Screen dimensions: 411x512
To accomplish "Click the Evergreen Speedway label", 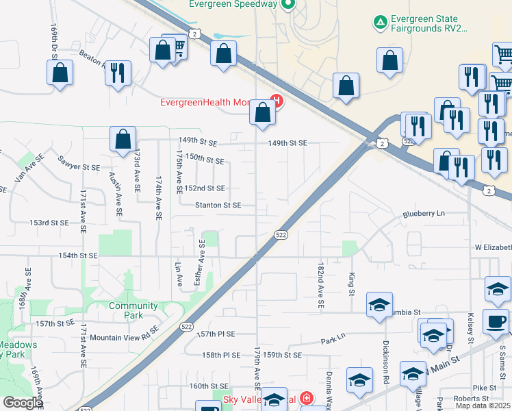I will pos(233,4).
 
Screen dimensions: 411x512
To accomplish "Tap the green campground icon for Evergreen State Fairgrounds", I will pos(379,23).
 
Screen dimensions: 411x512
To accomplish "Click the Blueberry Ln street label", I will pos(424,213).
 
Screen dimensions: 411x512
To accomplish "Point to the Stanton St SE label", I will pos(218,205).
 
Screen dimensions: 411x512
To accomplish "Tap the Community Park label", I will pos(133,310).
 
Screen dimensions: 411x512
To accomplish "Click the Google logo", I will pos(23,403).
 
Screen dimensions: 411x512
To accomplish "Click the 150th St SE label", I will pos(205,160).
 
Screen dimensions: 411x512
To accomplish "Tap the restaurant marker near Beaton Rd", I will pos(118,72).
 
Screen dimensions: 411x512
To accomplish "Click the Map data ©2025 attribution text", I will pos(483,406).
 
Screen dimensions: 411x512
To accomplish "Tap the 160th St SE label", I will pos(208,386).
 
